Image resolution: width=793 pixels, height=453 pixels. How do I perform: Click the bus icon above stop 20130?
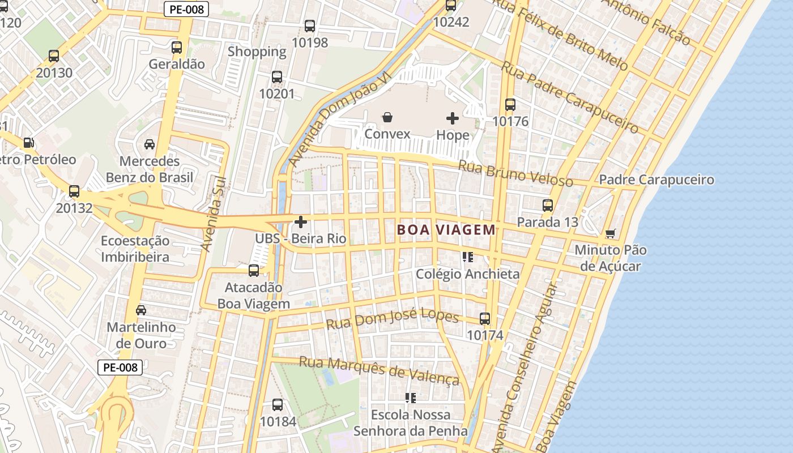pos(54,56)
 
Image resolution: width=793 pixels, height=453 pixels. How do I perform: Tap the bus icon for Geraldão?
pos(177,48)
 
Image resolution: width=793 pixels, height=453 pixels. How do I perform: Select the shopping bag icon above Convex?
pos(387,117)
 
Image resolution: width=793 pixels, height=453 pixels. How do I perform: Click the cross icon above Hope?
pos(453,118)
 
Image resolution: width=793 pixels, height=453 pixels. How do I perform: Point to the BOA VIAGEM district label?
pos(446,230)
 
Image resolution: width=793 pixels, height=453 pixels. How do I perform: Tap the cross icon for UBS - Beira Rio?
pos(301,222)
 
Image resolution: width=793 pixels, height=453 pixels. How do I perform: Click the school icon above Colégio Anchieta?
pos(467,257)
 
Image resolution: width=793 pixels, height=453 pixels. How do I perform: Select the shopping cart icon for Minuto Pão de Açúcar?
pos(610,233)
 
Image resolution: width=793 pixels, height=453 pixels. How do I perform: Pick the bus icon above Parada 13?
pos(547,206)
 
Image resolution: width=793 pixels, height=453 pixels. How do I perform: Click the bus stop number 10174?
pos(485,335)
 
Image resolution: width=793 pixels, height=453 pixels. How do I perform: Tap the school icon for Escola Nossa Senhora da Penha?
pos(411,398)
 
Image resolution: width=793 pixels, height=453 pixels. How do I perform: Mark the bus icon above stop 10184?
pos(278,405)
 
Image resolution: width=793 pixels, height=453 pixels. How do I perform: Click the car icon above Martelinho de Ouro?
pos(141,310)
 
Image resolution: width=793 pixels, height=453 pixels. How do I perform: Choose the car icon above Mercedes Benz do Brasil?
pos(150,144)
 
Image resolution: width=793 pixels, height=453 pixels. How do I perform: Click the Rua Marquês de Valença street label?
pos(378,370)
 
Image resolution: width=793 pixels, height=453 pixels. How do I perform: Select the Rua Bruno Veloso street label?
pos(515,173)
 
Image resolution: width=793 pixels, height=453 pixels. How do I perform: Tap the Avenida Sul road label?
pos(214,214)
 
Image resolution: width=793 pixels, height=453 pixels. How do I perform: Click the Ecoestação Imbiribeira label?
pos(135,249)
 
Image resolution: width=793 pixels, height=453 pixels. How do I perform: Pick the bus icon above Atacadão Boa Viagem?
pos(254,271)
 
